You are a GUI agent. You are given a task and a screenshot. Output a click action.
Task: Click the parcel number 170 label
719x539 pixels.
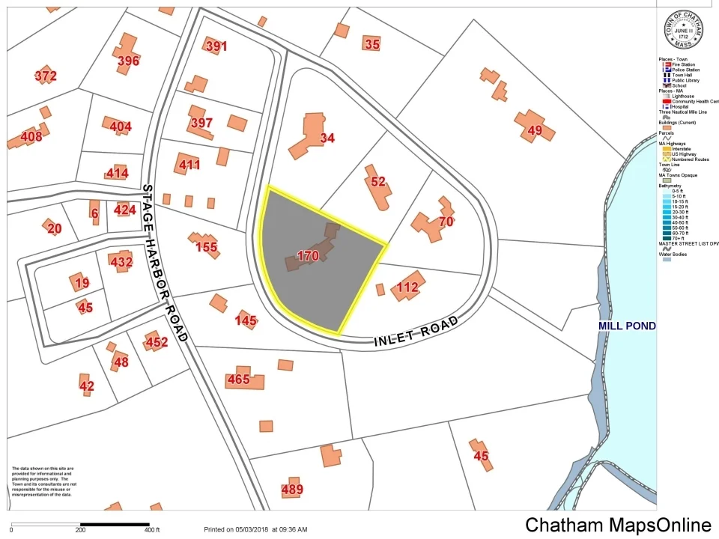(308, 256)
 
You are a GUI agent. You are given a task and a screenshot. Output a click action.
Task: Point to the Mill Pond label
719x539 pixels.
(627, 326)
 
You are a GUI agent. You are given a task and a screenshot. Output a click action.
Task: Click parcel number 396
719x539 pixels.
(128, 61)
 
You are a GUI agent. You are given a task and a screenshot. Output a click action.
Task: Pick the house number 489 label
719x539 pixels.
(292, 490)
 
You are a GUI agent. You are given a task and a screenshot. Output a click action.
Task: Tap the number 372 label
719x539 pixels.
(45, 76)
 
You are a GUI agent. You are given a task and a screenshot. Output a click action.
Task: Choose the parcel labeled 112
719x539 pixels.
(407, 287)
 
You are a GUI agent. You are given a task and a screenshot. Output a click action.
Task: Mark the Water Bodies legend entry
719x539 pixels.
(676, 254)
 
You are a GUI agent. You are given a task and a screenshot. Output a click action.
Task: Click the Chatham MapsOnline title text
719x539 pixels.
(618, 525)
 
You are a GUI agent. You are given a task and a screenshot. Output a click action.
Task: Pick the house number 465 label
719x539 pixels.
(238, 380)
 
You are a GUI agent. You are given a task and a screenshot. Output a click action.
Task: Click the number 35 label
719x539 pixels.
(372, 44)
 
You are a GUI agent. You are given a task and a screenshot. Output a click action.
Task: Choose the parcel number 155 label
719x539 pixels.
(206, 247)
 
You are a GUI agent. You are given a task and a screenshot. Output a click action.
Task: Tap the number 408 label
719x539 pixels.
(31, 137)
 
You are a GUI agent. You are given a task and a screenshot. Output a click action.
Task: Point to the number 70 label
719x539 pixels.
(446, 222)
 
